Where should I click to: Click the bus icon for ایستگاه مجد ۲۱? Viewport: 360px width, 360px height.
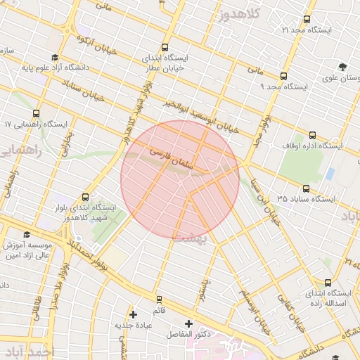tap(306, 19)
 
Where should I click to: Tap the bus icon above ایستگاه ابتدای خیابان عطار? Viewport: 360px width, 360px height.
tap(165, 47)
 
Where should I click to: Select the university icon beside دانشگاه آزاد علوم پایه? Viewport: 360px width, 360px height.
tap(55, 58)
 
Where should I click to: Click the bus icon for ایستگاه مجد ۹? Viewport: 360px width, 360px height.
tap(283, 76)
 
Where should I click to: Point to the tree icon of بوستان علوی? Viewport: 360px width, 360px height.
tap(342, 67)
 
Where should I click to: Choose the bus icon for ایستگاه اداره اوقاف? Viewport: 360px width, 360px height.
tap(311, 135)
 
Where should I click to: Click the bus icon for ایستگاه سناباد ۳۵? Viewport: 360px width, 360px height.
tap(306, 188)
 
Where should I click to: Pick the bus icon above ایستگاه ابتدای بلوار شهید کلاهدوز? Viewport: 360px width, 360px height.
tap(86, 197)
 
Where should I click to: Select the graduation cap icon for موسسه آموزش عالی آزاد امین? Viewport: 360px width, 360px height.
tap(27, 235)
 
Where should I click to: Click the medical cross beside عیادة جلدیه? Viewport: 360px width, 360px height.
tap(133, 314)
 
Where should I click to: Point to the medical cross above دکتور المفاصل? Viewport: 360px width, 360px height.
tap(188, 323)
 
